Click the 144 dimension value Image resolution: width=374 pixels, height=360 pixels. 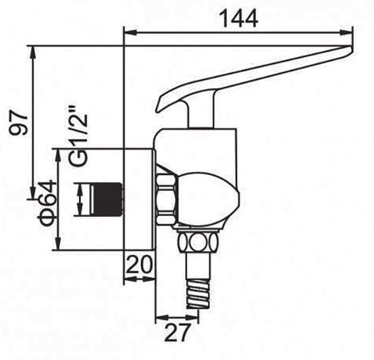(239, 18)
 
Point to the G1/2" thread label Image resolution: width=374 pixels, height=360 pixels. (78, 137)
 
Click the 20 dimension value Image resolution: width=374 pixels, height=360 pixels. (139, 264)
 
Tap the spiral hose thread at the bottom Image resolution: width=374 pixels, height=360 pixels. (199, 293)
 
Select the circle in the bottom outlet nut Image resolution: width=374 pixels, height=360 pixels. (198, 242)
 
